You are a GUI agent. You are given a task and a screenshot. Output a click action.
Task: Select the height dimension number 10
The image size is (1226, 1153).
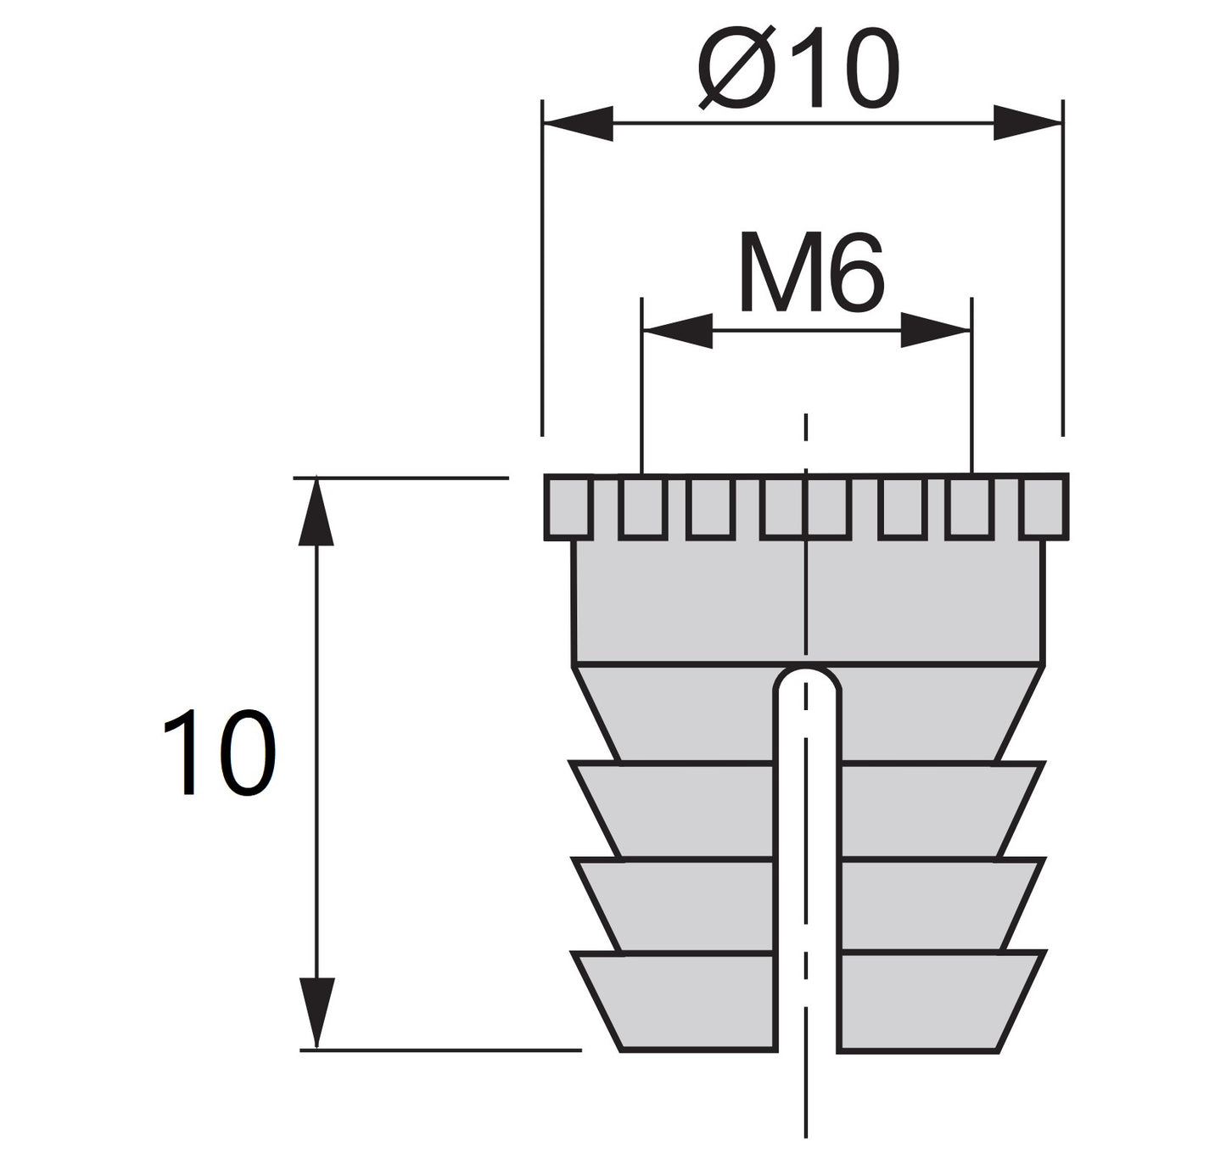(x=219, y=754)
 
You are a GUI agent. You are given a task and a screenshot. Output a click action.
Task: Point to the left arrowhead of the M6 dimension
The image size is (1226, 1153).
(x=678, y=330)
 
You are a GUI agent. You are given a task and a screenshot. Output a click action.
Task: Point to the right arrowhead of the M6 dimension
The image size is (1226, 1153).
(x=934, y=330)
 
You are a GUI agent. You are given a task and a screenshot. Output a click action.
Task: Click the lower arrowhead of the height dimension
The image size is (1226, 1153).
(x=316, y=1014)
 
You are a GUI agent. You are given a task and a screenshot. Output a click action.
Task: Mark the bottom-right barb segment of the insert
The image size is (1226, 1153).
(x=933, y=1001)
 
